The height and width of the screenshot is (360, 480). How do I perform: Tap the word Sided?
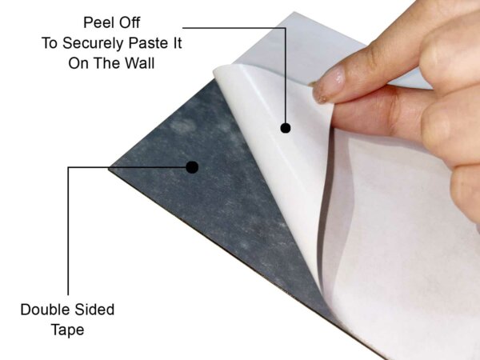[x=96, y=310]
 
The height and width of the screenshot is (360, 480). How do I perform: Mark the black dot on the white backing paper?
[x=285, y=127]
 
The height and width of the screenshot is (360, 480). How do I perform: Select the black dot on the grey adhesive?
[x=192, y=167]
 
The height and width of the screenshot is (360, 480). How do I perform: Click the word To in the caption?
[x=50, y=42]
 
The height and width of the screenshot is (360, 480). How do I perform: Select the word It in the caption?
[x=174, y=42]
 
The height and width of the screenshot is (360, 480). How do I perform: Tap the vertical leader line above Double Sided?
[x=69, y=232]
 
